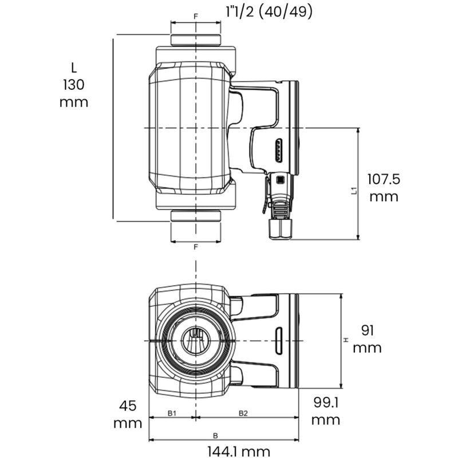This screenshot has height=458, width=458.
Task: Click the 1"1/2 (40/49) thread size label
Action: (x=269, y=11)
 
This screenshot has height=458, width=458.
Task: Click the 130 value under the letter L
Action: (x=74, y=85)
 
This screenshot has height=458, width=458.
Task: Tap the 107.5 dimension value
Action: (x=384, y=179)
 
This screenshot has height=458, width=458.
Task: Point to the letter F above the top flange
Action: (x=196, y=17)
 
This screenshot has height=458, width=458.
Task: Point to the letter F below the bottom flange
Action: (x=196, y=247)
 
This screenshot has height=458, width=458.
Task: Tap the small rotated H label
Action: (x=346, y=341)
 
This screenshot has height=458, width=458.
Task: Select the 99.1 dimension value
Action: (x=326, y=403)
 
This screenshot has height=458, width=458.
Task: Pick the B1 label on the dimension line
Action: (x=172, y=412)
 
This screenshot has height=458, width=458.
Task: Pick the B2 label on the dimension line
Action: (x=243, y=412)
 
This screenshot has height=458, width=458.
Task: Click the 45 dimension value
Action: (x=128, y=406)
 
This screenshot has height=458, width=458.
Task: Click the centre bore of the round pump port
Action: (x=196, y=340)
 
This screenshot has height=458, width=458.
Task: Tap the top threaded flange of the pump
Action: (x=196, y=41)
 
